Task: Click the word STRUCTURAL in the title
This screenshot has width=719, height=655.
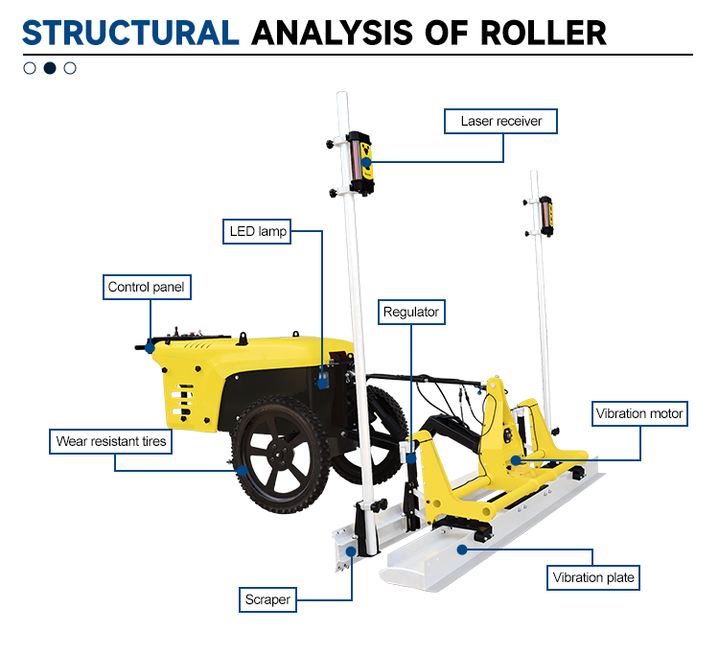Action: pos(130,33)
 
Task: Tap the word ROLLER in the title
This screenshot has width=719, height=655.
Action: pos(543,33)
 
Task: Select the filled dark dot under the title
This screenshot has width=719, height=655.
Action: pos(50,68)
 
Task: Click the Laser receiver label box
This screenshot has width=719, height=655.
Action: pos(500,121)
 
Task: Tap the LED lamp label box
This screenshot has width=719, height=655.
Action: pos(257,231)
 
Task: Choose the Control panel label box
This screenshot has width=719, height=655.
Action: pos(147,287)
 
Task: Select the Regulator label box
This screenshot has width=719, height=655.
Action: pos(411,312)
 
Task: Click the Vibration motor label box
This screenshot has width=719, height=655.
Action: pos(639,413)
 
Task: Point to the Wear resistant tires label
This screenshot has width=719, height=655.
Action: pos(110,441)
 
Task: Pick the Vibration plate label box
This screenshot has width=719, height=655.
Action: pos(592,577)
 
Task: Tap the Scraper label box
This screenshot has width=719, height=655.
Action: pos(267,599)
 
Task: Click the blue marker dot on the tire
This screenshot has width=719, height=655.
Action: pos(243,470)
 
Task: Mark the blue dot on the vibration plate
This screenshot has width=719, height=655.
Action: pos(462,550)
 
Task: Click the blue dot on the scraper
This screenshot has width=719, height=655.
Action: pos(351,551)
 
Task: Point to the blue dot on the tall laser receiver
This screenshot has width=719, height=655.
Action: pos(366,162)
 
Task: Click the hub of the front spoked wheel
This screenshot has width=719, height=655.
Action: pos(278,456)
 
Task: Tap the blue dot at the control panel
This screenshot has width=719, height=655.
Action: pos(150,348)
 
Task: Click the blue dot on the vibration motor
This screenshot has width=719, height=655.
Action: pos(516,460)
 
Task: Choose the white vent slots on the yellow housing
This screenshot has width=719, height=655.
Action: pos(182,402)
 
